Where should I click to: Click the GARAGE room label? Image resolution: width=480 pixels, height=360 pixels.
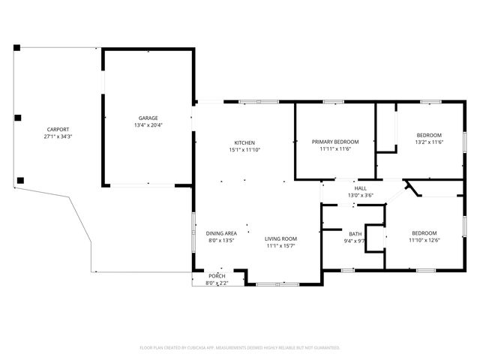click(148, 118)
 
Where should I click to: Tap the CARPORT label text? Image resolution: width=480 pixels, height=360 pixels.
click(58, 130)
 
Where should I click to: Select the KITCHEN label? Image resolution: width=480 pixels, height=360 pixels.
click(244, 142)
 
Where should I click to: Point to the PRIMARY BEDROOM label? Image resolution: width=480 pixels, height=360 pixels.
click(335, 142)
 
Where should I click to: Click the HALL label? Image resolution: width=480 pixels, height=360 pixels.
click(361, 188)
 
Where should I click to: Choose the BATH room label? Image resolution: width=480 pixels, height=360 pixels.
click(355, 234)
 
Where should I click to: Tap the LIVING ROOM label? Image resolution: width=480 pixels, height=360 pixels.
click(280, 238)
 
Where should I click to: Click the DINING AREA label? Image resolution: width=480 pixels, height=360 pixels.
click(221, 233)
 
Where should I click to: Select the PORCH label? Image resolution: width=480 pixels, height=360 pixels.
click(217, 276)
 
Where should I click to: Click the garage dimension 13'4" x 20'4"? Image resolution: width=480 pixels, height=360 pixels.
click(148, 125)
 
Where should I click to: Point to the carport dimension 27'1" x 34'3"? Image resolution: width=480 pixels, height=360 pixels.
click(58, 136)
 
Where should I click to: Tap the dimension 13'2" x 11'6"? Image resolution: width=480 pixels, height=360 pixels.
click(429, 142)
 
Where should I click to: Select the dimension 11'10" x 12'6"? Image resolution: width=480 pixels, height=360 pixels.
click(424, 240)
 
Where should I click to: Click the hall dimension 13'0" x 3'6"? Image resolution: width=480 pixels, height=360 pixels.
click(361, 195)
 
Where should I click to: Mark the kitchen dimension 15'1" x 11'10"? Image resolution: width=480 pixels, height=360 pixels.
click(244, 150)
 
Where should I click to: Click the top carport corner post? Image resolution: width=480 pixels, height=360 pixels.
click(16, 48)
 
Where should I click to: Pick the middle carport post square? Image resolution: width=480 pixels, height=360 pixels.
click(18, 118)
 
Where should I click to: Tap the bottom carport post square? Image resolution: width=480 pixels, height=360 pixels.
click(20, 180)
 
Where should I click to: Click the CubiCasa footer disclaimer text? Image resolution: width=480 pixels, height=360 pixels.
click(240, 348)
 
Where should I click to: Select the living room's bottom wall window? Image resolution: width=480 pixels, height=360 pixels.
click(277, 284)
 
